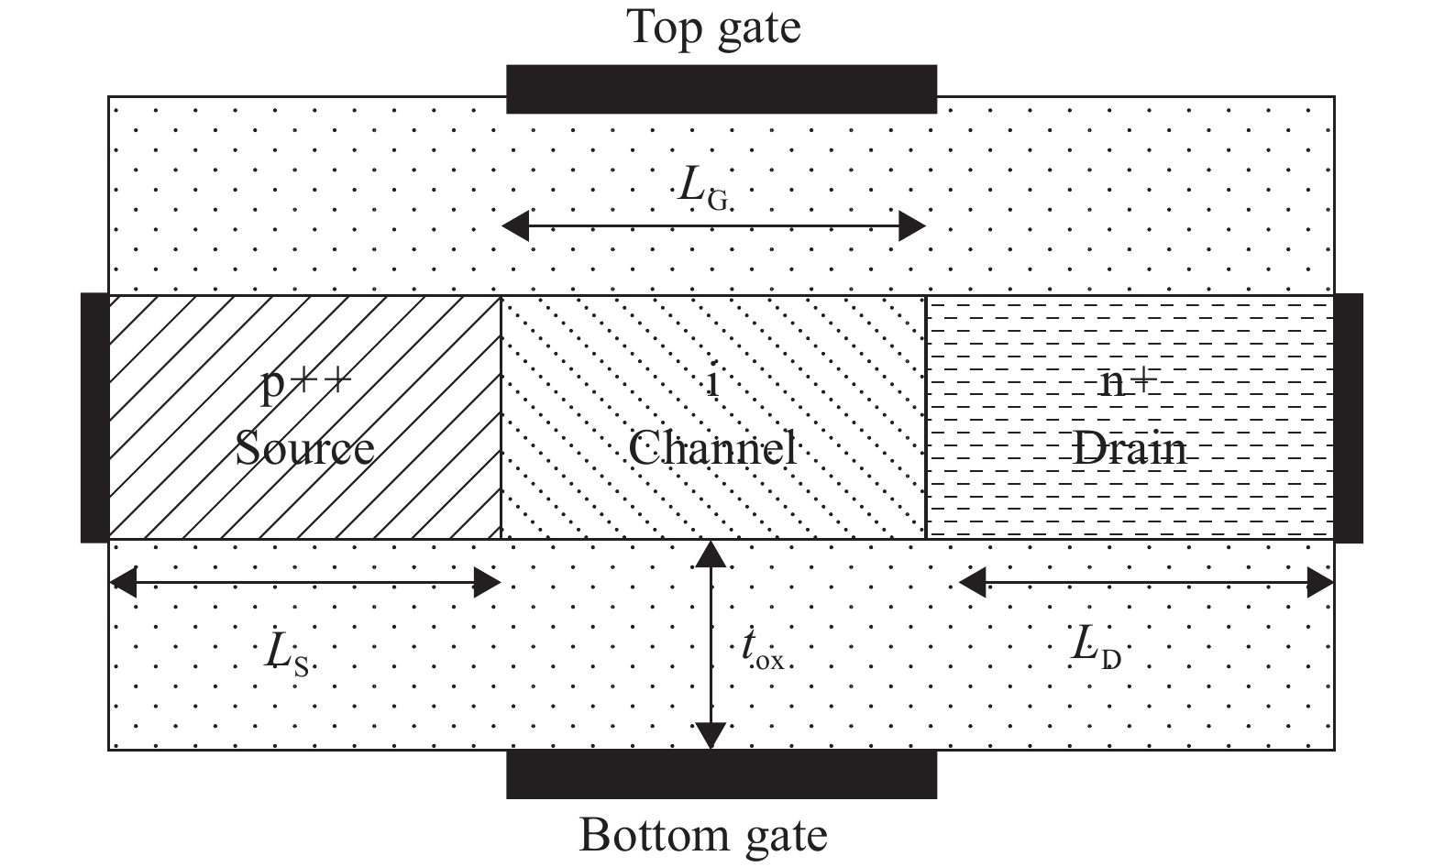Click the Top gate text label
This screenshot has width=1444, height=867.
[713, 27]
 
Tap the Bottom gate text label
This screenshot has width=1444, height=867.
[703, 836]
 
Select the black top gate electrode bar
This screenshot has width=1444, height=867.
[722, 89]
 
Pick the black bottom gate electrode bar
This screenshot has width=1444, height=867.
[722, 774]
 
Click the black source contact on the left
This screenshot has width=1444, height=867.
[94, 418]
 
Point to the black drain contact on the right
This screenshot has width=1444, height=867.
[1348, 418]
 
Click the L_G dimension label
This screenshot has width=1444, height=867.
[703, 188]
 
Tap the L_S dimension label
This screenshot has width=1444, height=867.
[286, 654]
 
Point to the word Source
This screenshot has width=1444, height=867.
[304, 449]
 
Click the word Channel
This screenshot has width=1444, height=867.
[712, 449]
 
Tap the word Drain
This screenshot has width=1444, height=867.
[1130, 449]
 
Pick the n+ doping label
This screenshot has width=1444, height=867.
[1128, 383]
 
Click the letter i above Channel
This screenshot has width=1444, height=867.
[713, 383]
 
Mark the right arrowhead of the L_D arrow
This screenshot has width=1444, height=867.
[1320, 582]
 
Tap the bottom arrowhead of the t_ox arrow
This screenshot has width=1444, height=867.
[711, 737]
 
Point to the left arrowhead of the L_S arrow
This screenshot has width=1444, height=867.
[123, 582]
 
